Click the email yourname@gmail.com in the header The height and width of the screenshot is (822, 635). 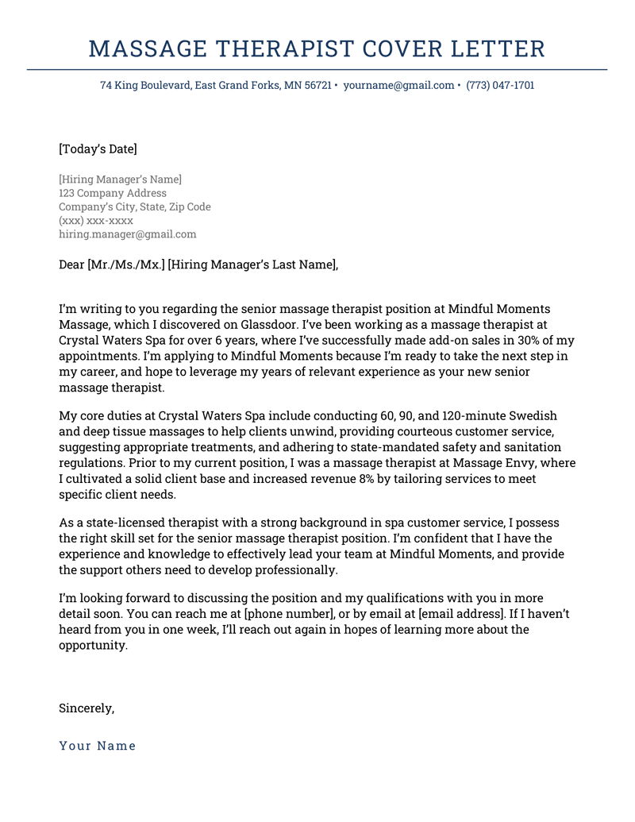pos(398,85)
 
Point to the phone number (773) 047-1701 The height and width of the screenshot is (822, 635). pos(500,85)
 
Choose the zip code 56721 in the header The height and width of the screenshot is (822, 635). pos(317,85)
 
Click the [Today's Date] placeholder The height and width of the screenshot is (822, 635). pos(98,149)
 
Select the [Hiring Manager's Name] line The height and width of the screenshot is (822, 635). pos(120,179)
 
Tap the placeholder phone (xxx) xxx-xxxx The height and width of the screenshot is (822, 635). pos(96,221)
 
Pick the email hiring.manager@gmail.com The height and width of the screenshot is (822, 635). pos(127,234)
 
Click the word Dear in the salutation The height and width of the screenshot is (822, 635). pos(71,264)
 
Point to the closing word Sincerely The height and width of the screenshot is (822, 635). pos(87,708)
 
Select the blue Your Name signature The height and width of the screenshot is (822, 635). pos(98,746)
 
